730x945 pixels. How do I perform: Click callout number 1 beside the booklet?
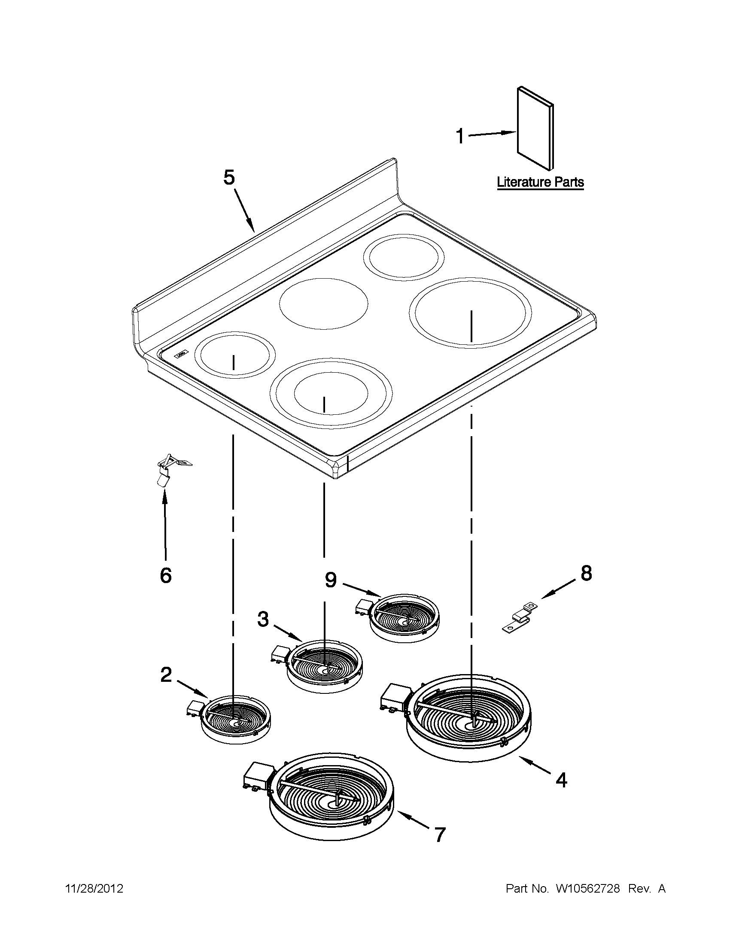tap(460, 137)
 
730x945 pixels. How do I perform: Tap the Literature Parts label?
tap(540, 182)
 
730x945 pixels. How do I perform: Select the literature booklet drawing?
tap(535, 128)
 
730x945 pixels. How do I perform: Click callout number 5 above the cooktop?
tap(229, 177)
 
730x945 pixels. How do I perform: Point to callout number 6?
tap(166, 575)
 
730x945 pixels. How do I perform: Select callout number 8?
tap(586, 573)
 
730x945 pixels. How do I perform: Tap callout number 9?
tap(331, 580)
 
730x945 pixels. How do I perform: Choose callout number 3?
tap(263, 619)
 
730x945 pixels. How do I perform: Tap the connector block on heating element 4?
tap(393, 697)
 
